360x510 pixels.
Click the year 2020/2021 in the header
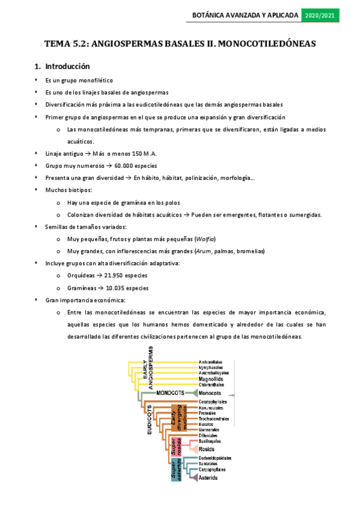click(321, 14)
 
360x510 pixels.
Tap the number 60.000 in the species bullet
click(124, 165)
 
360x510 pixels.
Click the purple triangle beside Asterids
click(194, 478)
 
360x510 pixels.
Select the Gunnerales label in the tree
click(209, 429)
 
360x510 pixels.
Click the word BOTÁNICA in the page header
click(209, 14)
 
